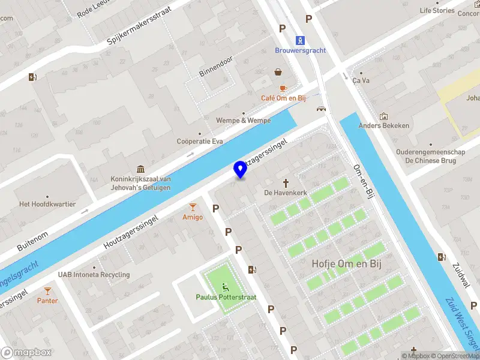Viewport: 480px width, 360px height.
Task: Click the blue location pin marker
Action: point(241,170)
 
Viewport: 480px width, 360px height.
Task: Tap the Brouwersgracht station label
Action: point(301,50)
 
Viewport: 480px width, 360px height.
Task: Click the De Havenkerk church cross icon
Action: point(286,182)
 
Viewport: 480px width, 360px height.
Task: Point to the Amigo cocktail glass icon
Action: point(193,206)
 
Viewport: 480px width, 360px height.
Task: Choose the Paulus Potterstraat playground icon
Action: point(226,286)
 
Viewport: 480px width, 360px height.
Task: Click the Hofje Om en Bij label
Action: point(347,263)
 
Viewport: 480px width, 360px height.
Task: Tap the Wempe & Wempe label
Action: point(244,121)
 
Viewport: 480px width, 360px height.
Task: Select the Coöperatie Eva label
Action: point(200,142)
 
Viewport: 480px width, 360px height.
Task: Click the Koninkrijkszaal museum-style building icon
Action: point(140,169)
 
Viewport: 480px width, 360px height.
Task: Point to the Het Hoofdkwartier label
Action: point(47,204)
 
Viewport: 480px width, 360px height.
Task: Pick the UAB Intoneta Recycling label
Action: point(94,275)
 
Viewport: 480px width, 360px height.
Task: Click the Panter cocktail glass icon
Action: point(47,290)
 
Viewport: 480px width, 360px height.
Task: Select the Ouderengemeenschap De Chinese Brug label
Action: point(430,156)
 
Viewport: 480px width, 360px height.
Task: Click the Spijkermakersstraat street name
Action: point(139,26)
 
